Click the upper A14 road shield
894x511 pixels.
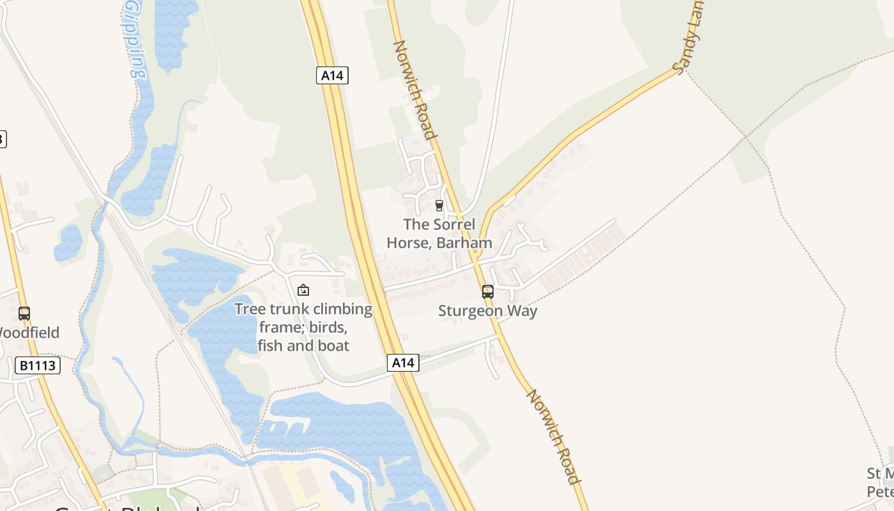click(332, 75)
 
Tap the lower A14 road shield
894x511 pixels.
click(403, 363)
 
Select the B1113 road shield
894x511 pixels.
click(38, 365)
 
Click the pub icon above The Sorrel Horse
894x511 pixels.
click(439, 206)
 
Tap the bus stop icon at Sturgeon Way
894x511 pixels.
click(488, 292)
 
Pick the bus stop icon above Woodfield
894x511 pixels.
click(24, 314)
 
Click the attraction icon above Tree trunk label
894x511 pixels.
click(303, 291)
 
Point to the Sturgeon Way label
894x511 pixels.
click(488, 311)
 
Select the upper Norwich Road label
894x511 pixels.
click(415, 89)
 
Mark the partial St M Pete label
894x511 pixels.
click(880, 483)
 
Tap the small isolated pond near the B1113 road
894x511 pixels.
click(68, 243)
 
